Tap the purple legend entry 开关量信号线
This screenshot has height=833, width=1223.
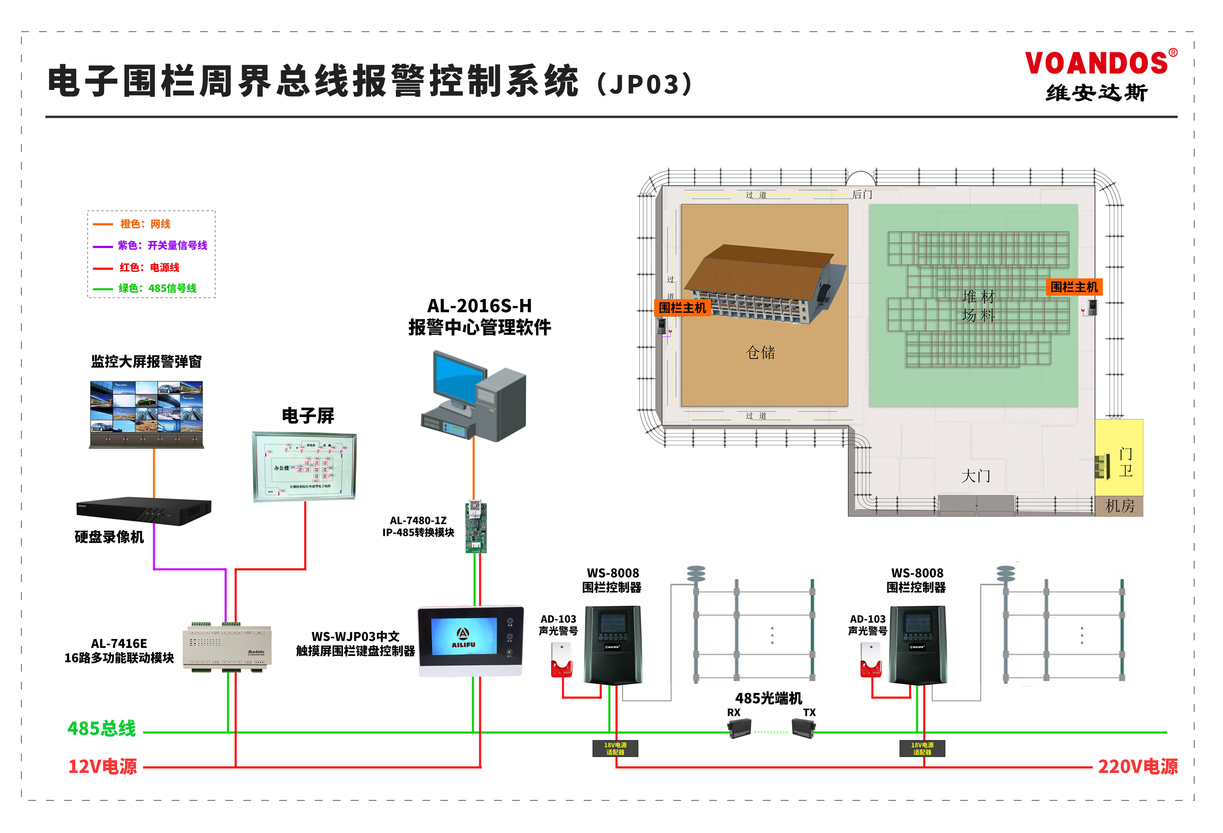coord(162,245)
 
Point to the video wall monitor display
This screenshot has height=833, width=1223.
coord(146,408)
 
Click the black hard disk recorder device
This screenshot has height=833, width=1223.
coord(144,510)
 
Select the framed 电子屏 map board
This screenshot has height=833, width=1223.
coord(304,467)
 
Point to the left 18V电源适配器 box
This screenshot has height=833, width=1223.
coord(615,748)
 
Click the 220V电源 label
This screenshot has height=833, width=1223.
coord(1137,767)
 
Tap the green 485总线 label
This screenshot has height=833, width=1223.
coord(102,729)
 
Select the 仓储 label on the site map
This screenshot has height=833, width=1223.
coord(760,352)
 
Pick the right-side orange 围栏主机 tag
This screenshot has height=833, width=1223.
coord(1073,287)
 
